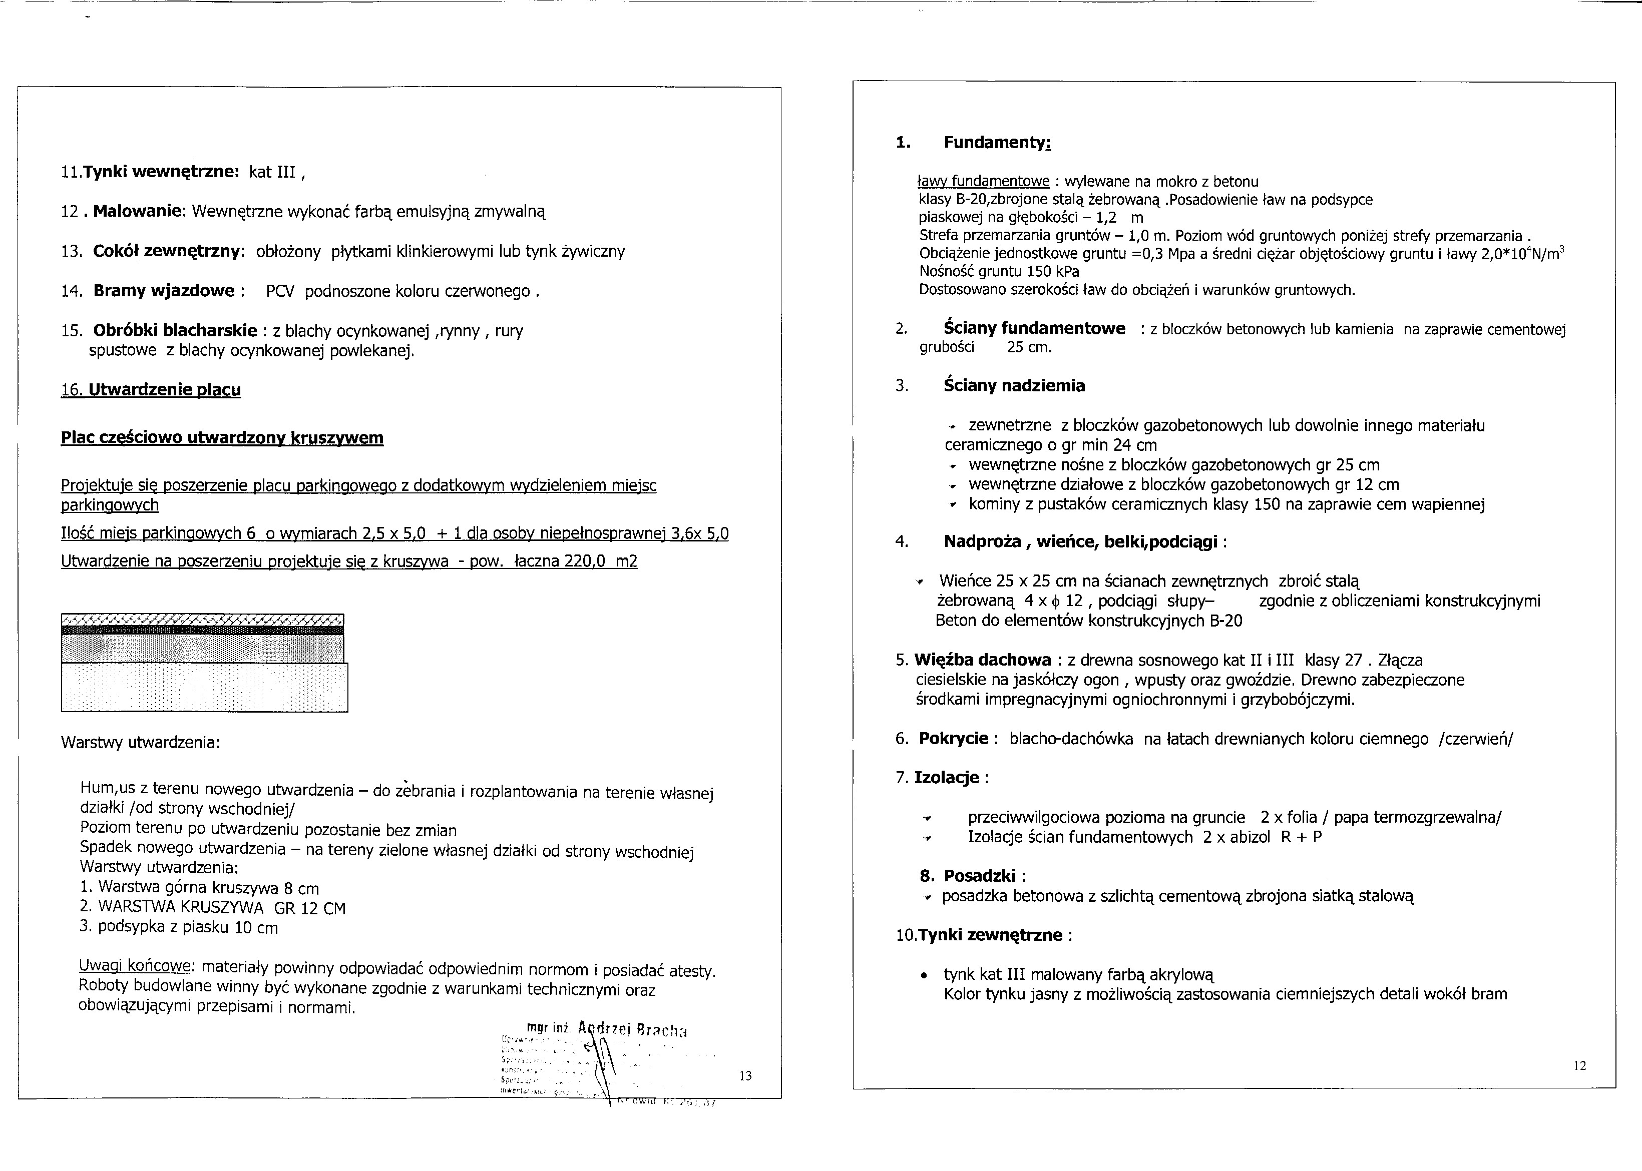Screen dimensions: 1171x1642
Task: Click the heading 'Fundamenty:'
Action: [x=997, y=143]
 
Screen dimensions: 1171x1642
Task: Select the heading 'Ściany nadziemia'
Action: [x=1014, y=386]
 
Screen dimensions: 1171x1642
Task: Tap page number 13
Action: [x=745, y=1076]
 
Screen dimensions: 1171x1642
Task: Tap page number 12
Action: [x=1579, y=1066]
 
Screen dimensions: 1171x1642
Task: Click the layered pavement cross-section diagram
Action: [x=204, y=662]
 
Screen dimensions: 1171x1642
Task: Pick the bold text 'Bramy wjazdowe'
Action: [x=164, y=291]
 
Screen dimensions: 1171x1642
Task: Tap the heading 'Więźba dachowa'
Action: [x=982, y=660]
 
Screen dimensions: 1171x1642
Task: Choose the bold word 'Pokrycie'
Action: [x=953, y=738]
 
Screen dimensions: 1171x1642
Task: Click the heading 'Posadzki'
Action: [x=979, y=876]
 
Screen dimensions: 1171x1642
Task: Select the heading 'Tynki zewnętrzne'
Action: [x=991, y=935]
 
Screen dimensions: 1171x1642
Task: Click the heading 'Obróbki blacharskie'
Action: [x=175, y=331]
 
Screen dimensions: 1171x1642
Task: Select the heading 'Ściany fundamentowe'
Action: [x=1034, y=329]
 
